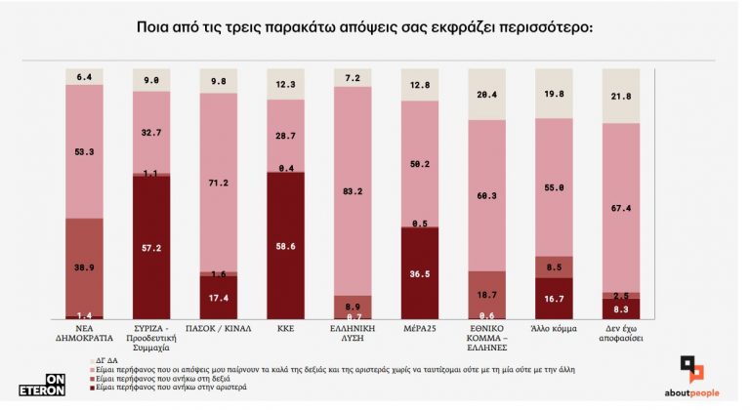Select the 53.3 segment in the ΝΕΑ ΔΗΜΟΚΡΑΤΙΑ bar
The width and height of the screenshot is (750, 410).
84,151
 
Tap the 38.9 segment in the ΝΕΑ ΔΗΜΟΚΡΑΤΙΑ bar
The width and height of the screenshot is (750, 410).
84,266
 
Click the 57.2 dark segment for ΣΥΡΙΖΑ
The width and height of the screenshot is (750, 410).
151,248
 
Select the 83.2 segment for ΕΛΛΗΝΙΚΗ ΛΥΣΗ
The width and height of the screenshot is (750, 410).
353,191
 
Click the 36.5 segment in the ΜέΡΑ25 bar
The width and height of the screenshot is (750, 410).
420,274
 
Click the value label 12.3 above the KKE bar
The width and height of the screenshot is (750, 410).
285,86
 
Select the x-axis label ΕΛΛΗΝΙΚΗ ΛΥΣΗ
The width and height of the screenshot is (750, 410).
353,337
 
